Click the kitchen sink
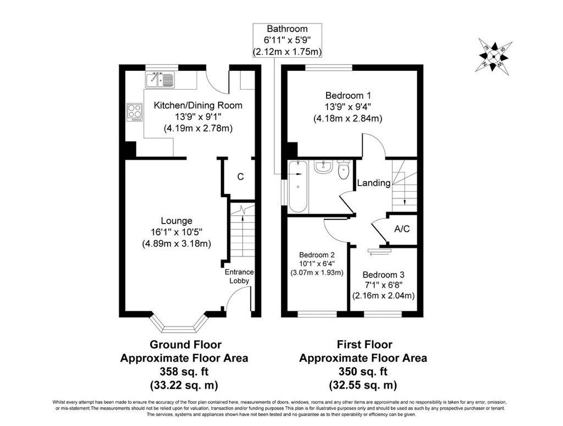click(160, 80)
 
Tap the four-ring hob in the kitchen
click(135, 112)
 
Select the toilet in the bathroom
click(344, 170)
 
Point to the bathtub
click(297, 186)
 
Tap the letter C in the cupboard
click(241, 176)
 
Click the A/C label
click(402, 229)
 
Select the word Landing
click(374, 183)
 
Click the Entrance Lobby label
click(239, 276)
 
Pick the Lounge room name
click(176, 221)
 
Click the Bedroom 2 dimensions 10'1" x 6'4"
click(317, 264)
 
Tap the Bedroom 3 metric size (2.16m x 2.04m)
click(383, 296)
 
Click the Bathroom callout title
click(287, 29)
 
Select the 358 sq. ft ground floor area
click(184, 371)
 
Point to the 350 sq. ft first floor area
click(363, 371)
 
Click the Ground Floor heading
click(185, 345)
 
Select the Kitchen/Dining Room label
click(198, 105)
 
